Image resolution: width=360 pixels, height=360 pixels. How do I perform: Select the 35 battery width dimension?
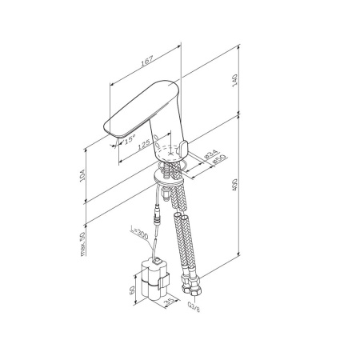click(169, 302)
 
